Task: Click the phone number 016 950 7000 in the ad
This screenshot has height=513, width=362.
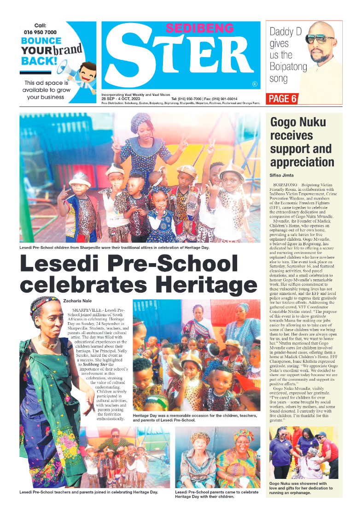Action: [40, 33]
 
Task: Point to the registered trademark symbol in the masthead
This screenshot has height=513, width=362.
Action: [254, 84]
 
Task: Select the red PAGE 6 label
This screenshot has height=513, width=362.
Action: [282, 99]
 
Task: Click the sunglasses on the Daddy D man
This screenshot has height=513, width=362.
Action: [320, 39]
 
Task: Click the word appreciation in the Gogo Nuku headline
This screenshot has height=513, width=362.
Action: [302, 162]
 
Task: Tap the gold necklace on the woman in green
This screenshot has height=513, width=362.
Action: [48, 343]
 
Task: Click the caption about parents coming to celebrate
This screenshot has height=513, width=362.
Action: [216, 495]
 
